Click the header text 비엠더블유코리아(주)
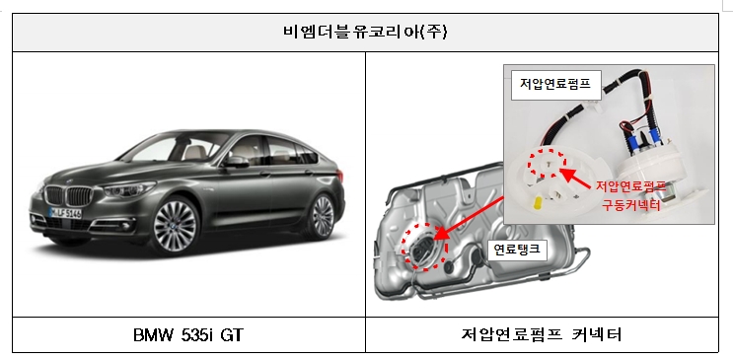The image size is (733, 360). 367,30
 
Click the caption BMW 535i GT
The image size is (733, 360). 187,335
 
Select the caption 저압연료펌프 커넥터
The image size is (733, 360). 548,335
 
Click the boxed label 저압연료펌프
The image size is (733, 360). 554,84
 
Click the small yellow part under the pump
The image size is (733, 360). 536,204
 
